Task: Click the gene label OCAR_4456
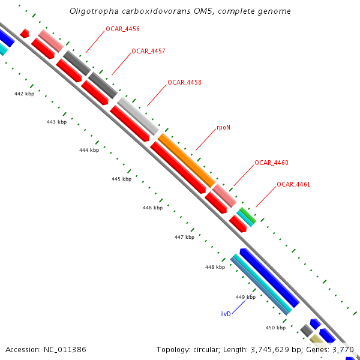tap(123, 29)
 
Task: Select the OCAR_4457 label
tap(148, 51)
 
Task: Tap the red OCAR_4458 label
tap(184, 82)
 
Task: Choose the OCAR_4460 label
tap(271, 163)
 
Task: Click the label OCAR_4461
tap(293, 184)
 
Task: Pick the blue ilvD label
tap(226, 314)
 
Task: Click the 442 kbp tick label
tap(24, 94)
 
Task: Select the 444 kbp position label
tap(89, 150)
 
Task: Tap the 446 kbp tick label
tap(152, 208)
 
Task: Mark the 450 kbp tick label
tap(276, 328)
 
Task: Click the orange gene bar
tap(186, 159)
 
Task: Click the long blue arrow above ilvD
tap(269, 277)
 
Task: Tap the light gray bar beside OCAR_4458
tap(138, 115)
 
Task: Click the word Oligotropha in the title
tap(94, 11)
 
